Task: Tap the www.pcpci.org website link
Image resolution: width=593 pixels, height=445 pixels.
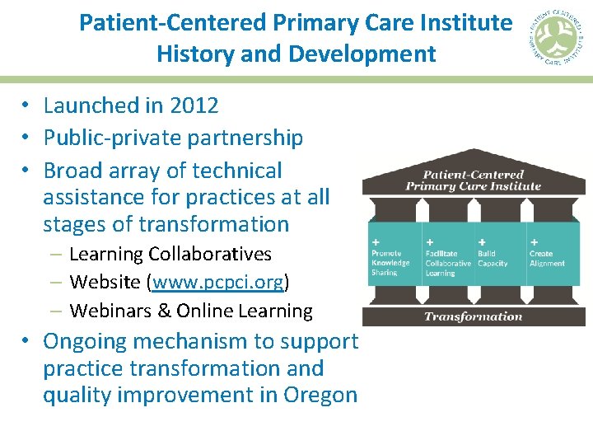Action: tap(217, 283)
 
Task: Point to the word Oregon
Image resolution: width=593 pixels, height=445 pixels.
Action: tap(320, 395)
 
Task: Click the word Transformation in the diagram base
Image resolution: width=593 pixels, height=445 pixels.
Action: tap(473, 316)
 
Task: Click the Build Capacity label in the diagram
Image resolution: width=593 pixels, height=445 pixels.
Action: tap(493, 259)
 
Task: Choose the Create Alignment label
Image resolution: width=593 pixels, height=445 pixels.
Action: tap(547, 259)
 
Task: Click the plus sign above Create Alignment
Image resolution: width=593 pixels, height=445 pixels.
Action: tap(535, 243)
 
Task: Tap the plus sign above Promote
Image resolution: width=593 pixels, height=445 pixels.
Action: tap(376, 243)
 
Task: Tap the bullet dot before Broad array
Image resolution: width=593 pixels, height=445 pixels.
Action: tap(27, 171)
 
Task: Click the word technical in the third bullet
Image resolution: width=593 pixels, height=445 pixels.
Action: tap(237, 171)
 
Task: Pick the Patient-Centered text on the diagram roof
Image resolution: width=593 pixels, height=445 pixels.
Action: tap(473, 175)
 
